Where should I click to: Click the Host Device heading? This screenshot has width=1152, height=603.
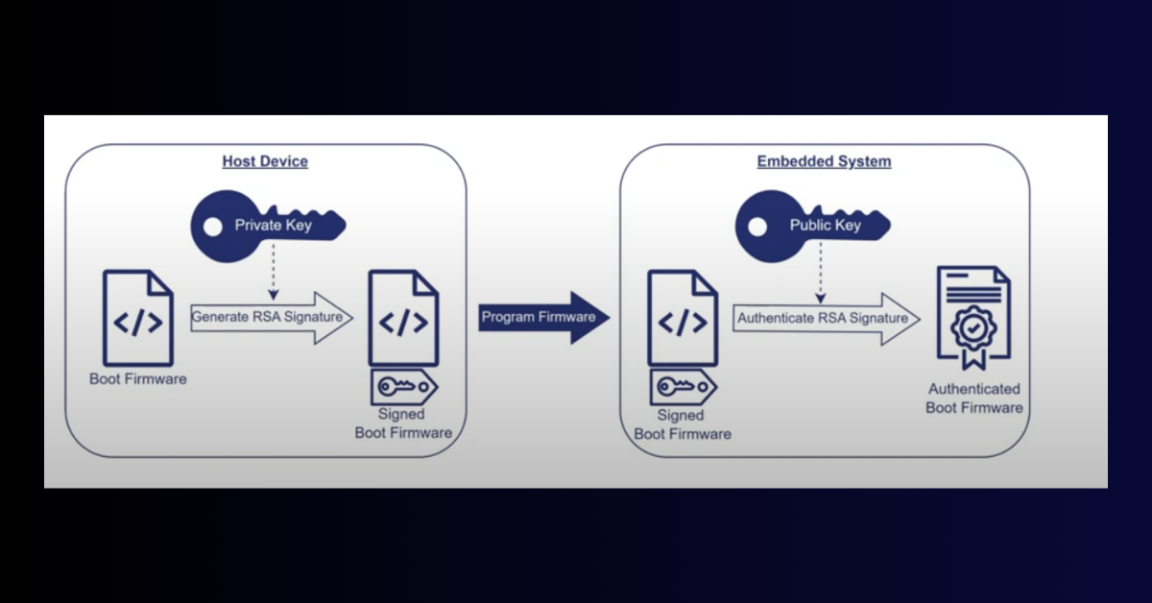[x=265, y=161]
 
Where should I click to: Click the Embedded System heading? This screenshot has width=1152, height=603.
[x=824, y=161]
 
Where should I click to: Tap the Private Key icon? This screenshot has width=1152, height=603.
[x=270, y=226]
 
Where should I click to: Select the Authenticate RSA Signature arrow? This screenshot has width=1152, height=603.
[x=827, y=319]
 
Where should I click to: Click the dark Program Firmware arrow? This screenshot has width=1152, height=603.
[x=543, y=318]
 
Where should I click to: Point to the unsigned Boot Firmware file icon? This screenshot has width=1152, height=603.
[x=137, y=317]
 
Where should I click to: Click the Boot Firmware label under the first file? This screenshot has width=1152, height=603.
[x=138, y=379]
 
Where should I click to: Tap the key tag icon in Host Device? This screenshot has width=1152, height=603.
[x=404, y=387]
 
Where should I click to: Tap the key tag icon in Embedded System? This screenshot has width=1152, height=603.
[x=683, y=387]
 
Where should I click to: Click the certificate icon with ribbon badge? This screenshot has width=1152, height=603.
[x=973, y=317]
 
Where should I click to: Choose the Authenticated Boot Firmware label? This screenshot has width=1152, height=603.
[x=973, y=398]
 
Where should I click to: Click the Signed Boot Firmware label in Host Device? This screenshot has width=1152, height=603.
[x=403, y=423]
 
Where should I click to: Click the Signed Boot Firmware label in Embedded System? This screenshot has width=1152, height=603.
[x=682, y=424]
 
